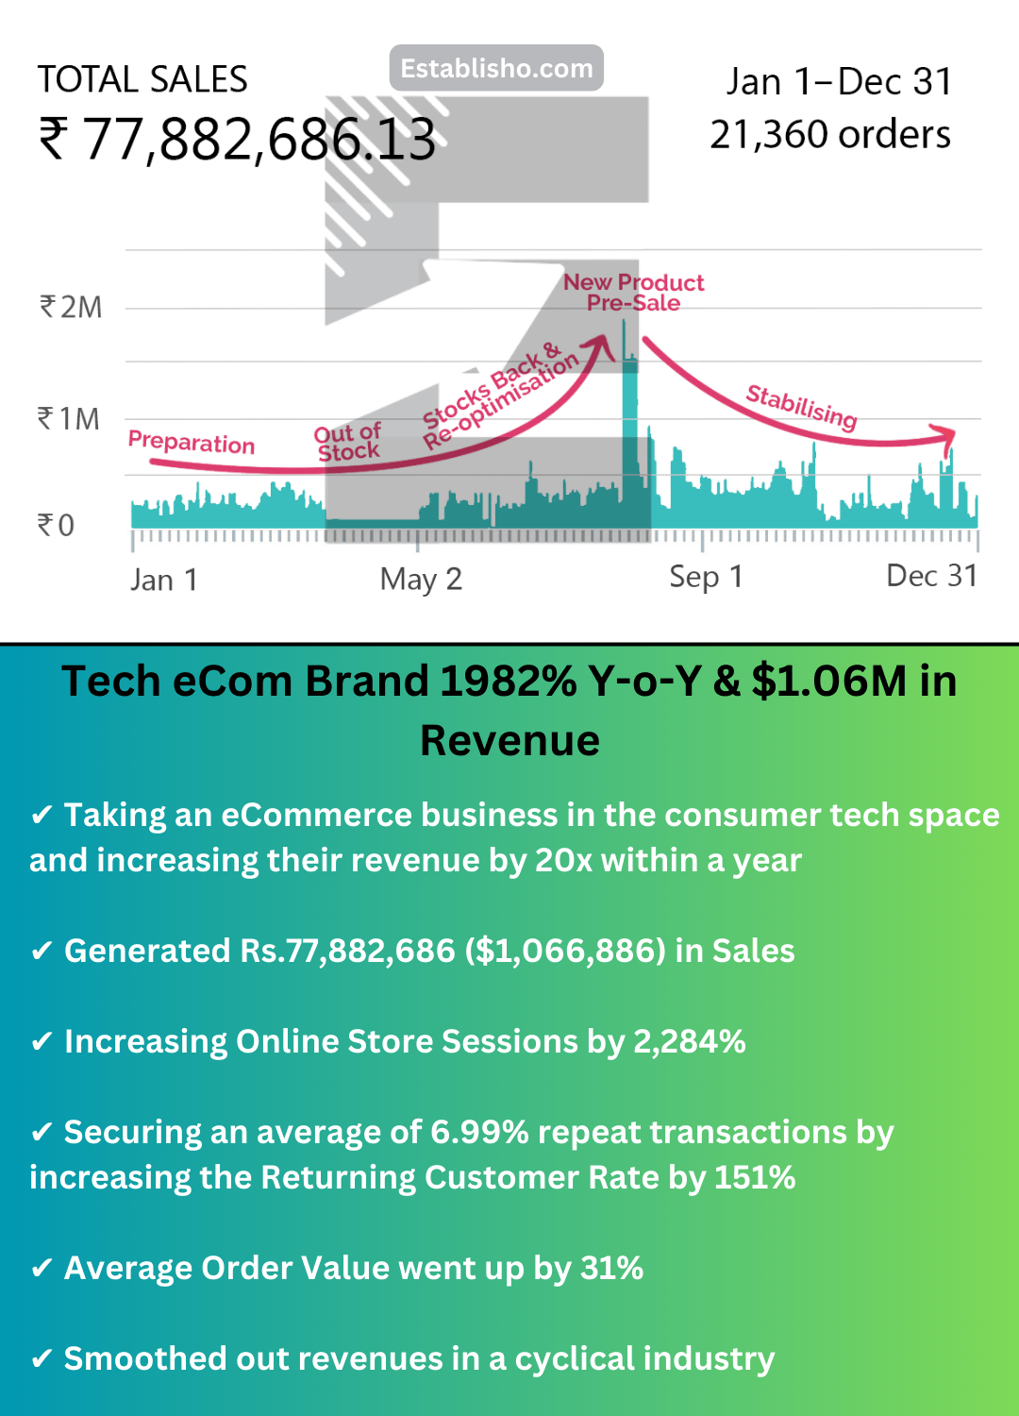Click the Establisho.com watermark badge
click(496, 68)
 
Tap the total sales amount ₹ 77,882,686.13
click(238, 139)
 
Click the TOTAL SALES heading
click(142, 80)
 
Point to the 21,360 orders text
click(830, 135)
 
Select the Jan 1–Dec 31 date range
click(839, 82)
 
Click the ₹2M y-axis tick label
click(71, 308)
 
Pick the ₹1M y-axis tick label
click(69, 419)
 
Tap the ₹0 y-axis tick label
click(56, 525)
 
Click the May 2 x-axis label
click(421, 579)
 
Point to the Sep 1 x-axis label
click(706, 577)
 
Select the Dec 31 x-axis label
click(931, 576)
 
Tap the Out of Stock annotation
click(348, 443)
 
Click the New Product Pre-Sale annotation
click(634, 293)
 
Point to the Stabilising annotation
click(802, 406)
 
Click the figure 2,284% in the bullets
click(690, 1041)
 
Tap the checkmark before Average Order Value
click(42, 1268)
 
